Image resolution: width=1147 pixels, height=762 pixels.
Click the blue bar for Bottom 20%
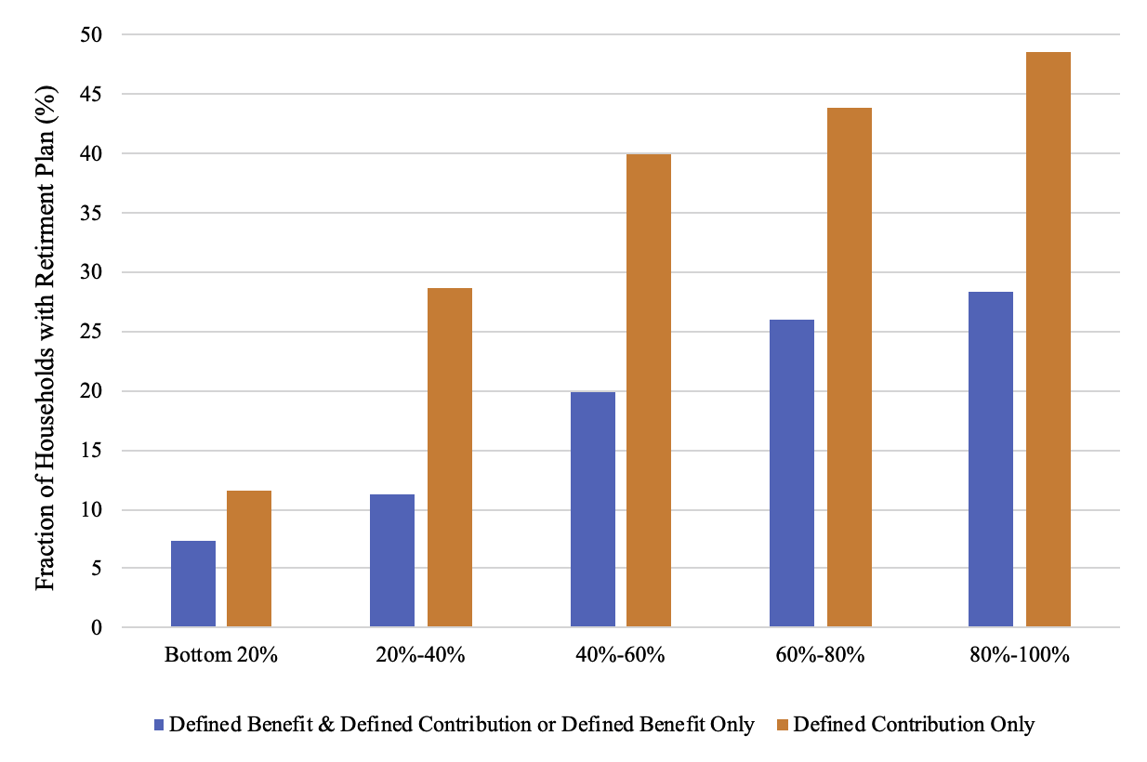193,584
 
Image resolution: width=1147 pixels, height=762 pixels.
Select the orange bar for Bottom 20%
249,558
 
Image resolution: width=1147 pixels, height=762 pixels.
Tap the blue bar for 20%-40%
392,560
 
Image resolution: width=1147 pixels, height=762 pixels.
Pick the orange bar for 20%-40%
450,457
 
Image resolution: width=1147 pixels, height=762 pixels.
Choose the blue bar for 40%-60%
593,509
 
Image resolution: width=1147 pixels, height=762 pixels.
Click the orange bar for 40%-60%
649,390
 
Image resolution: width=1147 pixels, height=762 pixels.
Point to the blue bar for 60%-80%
792,473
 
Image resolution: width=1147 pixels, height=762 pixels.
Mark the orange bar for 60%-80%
850,367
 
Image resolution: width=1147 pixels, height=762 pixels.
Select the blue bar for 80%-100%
991,459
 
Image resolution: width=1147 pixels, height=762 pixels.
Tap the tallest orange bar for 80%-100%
1048,339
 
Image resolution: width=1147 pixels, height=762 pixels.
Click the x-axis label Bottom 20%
221,655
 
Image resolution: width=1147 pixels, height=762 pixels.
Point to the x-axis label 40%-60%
620,655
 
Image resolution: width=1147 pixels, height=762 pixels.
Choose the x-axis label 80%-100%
1019,655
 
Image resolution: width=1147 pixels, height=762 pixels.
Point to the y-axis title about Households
45,333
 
